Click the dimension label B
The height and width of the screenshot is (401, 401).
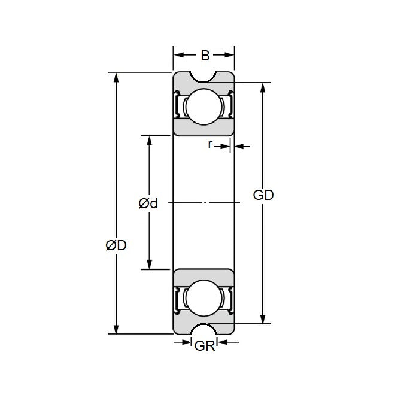coord(205,56)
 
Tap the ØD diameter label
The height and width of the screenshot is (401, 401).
coord(116,245)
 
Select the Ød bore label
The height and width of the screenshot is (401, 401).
coord(148,203)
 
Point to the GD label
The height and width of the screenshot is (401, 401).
coord(263,195)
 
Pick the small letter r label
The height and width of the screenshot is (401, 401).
coord(210,144)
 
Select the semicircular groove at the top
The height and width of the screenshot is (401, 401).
coord(203,77)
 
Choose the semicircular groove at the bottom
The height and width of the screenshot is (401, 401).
coord(203,329)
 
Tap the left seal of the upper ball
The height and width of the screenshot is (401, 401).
coord(178,107)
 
